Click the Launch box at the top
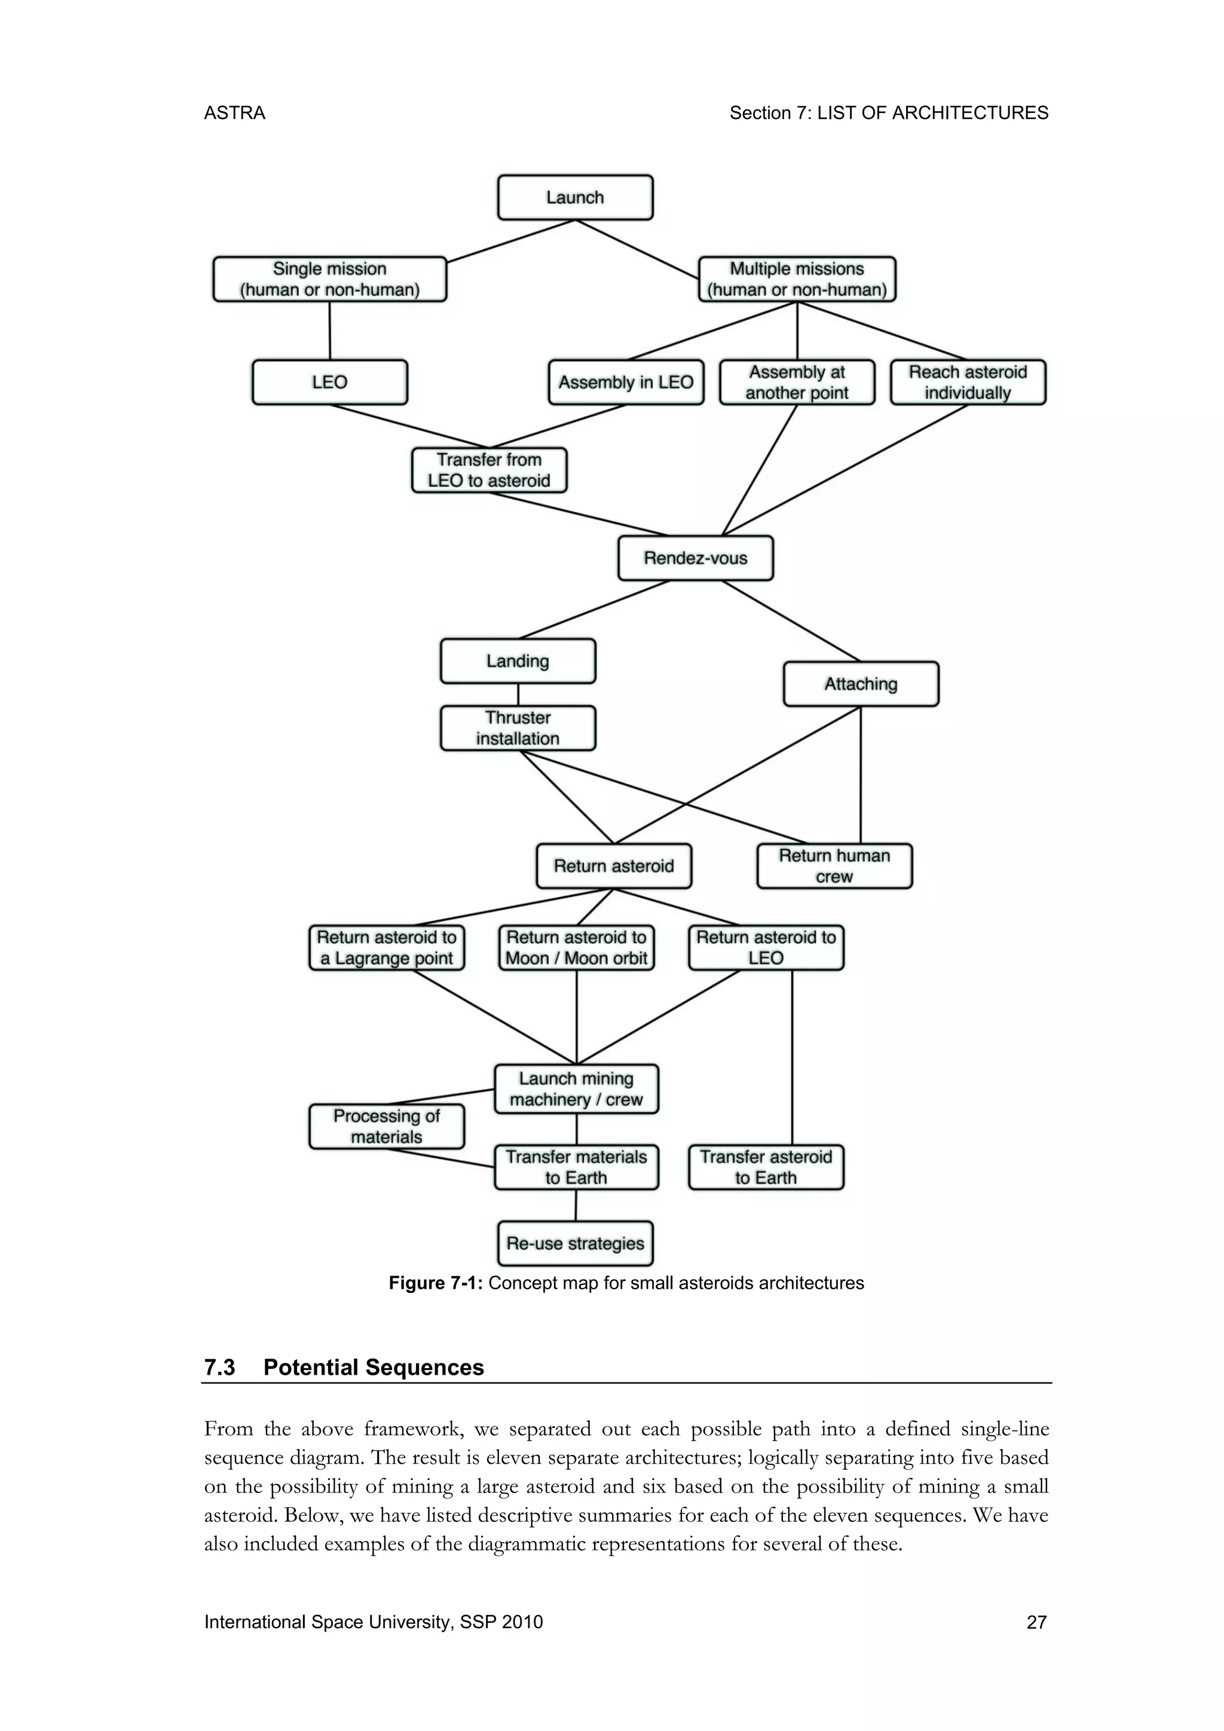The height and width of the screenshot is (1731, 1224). [575, 197]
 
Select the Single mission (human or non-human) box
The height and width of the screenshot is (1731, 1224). [329, 279]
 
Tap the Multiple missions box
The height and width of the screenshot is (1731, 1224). [797, 279]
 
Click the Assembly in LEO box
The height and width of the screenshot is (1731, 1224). [626, 382]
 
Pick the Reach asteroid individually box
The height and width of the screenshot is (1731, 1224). [968, 382]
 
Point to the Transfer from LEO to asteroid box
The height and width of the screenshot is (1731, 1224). [489, 470]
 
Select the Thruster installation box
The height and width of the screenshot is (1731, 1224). [518, 728]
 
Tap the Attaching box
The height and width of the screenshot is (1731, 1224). [861, 684]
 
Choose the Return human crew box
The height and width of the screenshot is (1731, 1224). [834, 866]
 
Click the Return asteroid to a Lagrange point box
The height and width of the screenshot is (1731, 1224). [387, 947]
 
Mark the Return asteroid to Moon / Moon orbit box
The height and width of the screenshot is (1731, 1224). [577, 947]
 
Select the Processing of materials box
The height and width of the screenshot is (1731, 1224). [387, 1126]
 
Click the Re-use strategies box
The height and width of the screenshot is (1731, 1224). [575, 1243]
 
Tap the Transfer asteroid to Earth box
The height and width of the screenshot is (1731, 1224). [766, 1167]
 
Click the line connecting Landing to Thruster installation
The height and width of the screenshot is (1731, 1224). [518, 695]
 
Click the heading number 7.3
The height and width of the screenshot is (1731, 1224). [220, 1368]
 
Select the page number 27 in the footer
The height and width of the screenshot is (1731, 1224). [1036, 1622]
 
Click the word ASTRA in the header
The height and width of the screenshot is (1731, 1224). [234, 113]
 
